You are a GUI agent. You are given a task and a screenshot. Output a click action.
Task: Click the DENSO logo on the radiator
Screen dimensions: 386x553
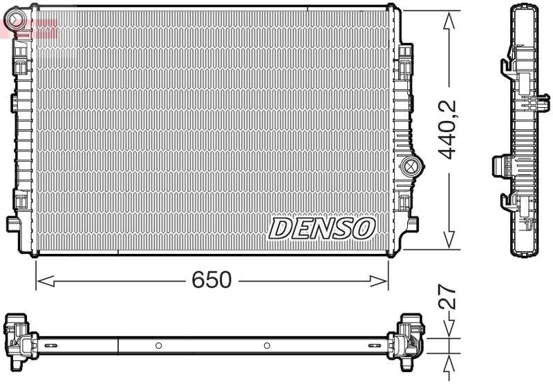pyautogui.click(x=321, y=228)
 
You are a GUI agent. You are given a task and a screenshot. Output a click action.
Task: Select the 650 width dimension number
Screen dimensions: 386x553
pyautogui.click(x=212, y=280)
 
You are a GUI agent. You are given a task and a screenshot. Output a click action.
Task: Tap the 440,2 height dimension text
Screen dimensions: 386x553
pyautogui.click(x=450, y=129)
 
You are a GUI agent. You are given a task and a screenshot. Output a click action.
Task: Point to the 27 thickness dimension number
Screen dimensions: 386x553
pyautogui.click(x=450, y=297)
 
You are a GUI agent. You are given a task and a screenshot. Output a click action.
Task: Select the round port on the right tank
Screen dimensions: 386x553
pyautogui.click(x=411, y=165)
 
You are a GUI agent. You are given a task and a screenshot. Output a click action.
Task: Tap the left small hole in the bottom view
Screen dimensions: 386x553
pyautogui.click(x=158, y=344)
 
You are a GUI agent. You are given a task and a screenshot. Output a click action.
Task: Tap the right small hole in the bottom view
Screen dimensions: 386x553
pyautogui.click(x=267, y=344)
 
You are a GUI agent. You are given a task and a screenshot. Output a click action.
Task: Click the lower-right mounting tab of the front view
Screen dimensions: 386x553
pyautogui.click(x=412, y=224)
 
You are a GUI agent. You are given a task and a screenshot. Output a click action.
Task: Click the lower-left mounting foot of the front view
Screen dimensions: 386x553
pyautogui.click(x=14, y=224)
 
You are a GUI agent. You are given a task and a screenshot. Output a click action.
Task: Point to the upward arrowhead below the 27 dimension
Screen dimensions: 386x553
pyautogui.click(x=450, y=364)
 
